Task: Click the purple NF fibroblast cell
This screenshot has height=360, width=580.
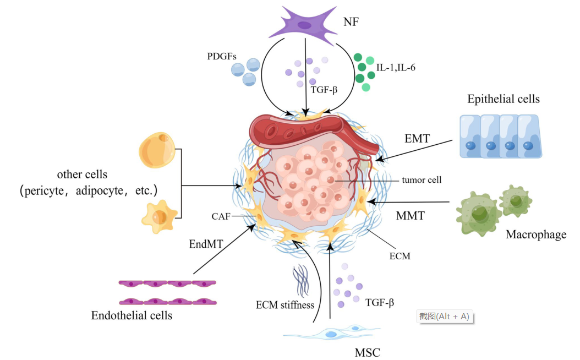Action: (304, 25)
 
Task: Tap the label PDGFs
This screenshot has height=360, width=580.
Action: (221, 57)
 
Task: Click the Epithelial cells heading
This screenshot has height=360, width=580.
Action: (503, 100)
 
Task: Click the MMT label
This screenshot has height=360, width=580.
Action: (410, 215)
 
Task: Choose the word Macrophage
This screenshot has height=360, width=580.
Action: (535, 235)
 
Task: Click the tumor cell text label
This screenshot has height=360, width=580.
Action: (422, 179)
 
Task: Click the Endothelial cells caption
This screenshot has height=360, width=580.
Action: (132, 315)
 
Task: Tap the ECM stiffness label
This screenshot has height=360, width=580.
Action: (284, 304)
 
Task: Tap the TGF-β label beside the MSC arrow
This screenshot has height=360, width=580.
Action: (379, 302)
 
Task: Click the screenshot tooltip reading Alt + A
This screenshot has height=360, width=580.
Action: (444, 316)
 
